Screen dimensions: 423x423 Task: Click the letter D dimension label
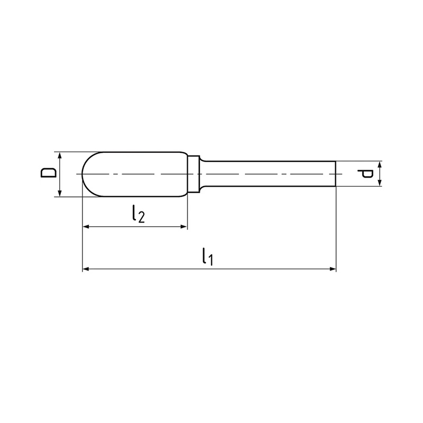[49, 173]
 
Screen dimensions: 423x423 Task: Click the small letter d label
[365, 174]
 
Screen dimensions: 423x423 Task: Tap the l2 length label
[139, 214]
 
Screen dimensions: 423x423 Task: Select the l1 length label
[207, 256]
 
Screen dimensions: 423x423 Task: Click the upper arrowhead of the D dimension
[60, 155]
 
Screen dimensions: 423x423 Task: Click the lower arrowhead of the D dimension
[60, 194]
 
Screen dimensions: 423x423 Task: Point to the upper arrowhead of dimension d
[380, 164]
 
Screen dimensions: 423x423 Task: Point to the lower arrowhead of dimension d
[380, 183]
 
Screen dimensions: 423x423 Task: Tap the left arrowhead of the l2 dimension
[86, 227]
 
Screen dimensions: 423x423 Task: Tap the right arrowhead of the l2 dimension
[183, 227]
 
